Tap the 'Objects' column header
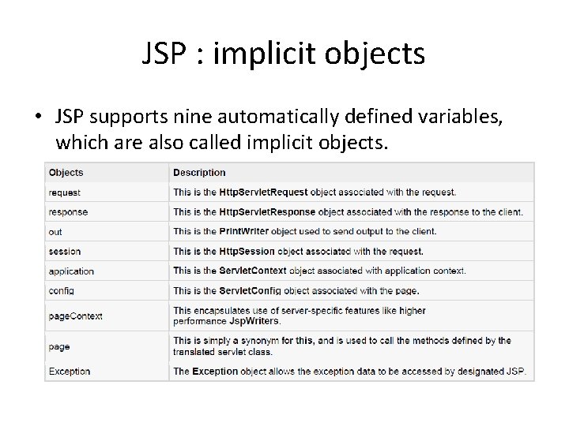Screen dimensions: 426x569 pos(66,173)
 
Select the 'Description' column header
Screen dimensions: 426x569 pos(199,173)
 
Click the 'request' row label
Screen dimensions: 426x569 pos(64,192)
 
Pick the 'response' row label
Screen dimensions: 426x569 pos(68,212)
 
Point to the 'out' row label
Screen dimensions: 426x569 pos(55,232)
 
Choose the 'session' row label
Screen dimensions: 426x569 pos(65,252)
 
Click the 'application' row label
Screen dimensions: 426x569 pos(71,271)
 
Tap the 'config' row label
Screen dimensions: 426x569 pos(61,291)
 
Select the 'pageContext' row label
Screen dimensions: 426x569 pos(75,316)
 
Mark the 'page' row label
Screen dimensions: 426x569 pos(59,346)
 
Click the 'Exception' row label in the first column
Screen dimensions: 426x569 pos(70,372)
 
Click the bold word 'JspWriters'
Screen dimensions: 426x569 pos(256,322)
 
